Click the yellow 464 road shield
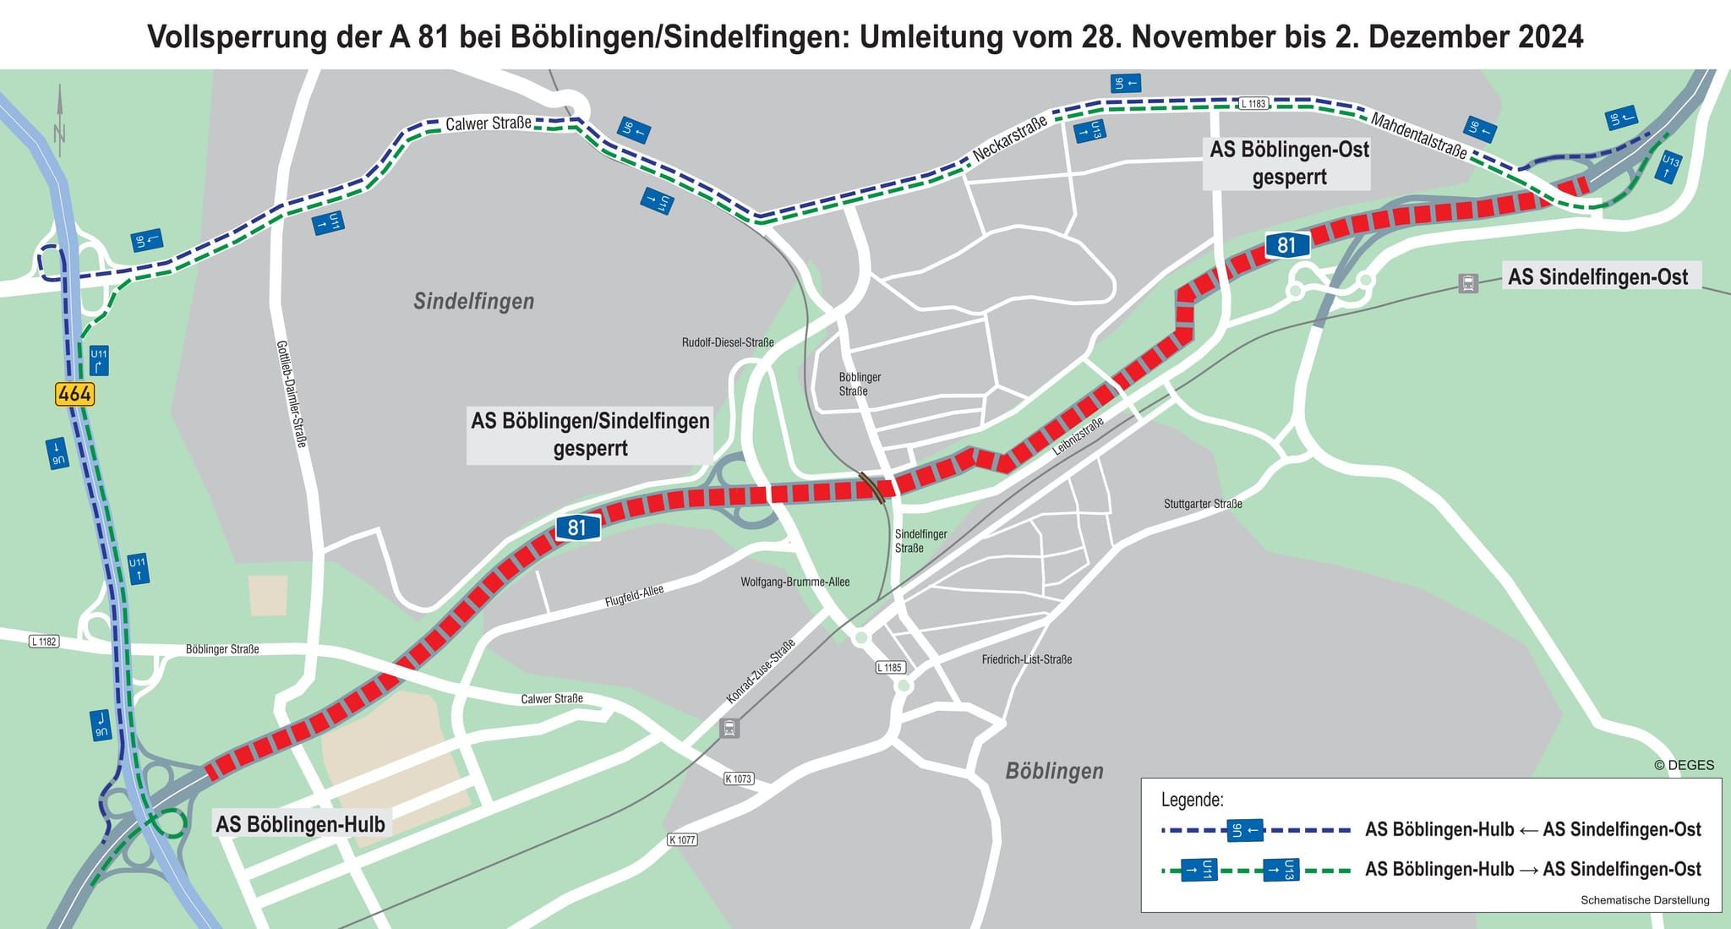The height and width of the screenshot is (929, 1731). click(x=74, y=394)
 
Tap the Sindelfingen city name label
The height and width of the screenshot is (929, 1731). click(x=473, y=301)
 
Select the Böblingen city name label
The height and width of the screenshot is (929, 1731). click(x=1054, y=771)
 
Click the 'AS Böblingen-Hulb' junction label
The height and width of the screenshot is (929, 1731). click(x=300, y=824)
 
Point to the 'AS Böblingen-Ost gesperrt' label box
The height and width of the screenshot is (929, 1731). click(x=1289, y=163)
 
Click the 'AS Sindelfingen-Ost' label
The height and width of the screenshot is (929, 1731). click(x=1597, y=277)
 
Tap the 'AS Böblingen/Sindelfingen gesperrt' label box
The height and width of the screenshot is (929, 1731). click(x=590, y=434)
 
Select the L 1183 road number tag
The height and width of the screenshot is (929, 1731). click(x=1253, y=103)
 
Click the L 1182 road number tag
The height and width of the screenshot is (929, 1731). click(x=44, y=642)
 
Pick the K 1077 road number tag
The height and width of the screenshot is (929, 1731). click(x=681, y=839)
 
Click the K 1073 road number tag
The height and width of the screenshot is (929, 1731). click(x=738, y=779)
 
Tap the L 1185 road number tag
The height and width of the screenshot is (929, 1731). click(x=890, y=668)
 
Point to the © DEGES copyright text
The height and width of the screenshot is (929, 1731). click(x=1684, y=765)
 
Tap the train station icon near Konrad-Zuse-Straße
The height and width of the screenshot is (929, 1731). click(x=729, y=728)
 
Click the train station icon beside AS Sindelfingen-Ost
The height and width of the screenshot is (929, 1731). click(x=1468, y=283)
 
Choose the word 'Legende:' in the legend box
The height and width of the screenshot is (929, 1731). click(x=1192, y=800)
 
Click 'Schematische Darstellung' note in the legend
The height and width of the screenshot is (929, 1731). click(x=1645, y=900)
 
